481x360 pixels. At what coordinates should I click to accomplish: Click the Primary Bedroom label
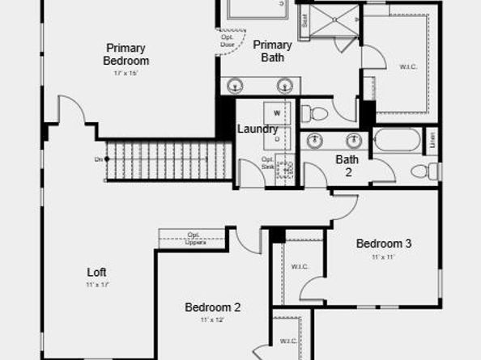tap(126, 54)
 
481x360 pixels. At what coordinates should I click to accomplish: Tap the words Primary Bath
tap(272, 51)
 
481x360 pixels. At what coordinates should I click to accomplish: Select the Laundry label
tap(258, 129)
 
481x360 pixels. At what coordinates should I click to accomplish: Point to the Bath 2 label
tap(347, 165)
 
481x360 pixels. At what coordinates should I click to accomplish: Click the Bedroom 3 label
tap(384, 244)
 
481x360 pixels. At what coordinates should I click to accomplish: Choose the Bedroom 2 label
tap(212, 307)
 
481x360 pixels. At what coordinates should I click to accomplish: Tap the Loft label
tap(97, 273)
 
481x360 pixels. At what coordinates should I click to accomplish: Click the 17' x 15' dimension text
tap(126, 74)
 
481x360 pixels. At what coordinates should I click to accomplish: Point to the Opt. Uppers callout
tap(194, 238)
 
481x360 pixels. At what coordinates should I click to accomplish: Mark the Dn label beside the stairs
tap(99, 159)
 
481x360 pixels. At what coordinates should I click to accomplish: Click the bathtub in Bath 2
tap(396, 141)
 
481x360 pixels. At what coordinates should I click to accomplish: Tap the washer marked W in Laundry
tap(277, 112)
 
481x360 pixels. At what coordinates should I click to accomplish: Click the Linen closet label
tap(431, 139)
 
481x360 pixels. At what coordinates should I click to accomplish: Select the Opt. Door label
tap(228, 40)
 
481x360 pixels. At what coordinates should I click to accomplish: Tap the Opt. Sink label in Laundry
tap(268, 163)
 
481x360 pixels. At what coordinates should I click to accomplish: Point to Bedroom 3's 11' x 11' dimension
tap(384, 257)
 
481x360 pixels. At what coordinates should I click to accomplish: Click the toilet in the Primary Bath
tap(315, 114)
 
